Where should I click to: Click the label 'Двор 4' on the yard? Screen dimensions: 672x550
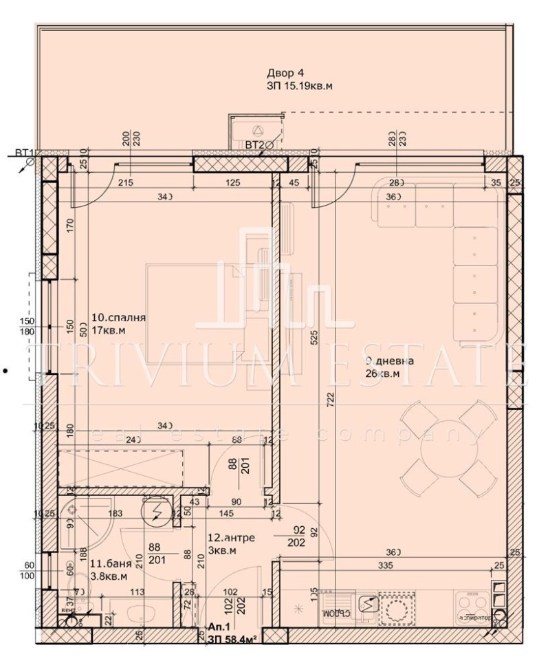(285, 73)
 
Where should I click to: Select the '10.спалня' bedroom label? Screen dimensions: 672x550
(118, 318)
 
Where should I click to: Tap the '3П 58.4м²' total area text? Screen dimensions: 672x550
(232, 639)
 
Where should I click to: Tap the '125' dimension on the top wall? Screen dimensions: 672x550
(233, 183)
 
